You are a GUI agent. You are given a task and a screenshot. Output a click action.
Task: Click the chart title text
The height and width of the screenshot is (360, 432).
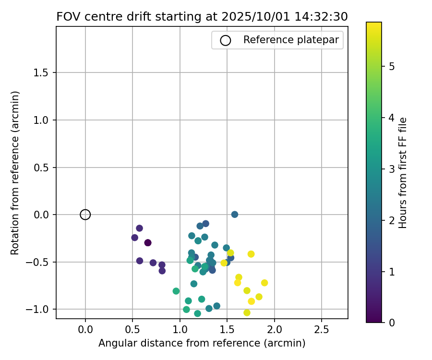(202, 16)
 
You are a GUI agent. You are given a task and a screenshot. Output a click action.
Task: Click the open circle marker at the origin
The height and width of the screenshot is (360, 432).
(85, 215)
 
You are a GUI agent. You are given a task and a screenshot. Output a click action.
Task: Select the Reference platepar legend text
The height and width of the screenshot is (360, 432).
(291, 40)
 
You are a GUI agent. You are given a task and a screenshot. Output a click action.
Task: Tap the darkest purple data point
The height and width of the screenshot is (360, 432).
(148, 243)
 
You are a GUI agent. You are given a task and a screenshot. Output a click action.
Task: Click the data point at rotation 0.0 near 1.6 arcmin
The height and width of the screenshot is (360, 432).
(235, 215)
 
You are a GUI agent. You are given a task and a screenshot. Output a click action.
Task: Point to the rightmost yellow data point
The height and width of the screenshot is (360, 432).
(264, 283)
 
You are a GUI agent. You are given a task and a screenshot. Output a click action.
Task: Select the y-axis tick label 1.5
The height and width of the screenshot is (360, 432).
(42, 73)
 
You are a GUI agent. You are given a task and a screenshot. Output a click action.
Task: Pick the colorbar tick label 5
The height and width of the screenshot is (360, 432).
(392, 66)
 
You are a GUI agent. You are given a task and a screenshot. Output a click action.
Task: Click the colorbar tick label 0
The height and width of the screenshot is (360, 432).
(392, 323)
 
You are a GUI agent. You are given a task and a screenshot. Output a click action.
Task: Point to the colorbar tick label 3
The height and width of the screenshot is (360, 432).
(392, 169)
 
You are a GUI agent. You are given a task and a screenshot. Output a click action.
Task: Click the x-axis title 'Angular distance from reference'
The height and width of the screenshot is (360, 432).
(202, 343)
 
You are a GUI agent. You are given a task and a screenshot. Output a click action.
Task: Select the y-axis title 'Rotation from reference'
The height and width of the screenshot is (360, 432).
(15, 173)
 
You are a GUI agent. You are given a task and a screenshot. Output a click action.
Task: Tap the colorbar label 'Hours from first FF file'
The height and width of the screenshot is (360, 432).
(403, 173)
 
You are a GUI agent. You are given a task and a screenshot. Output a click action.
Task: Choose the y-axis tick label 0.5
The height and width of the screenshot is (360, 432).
(42, 168)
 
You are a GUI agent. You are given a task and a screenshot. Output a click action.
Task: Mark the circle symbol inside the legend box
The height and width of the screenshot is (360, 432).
(226, 40)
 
